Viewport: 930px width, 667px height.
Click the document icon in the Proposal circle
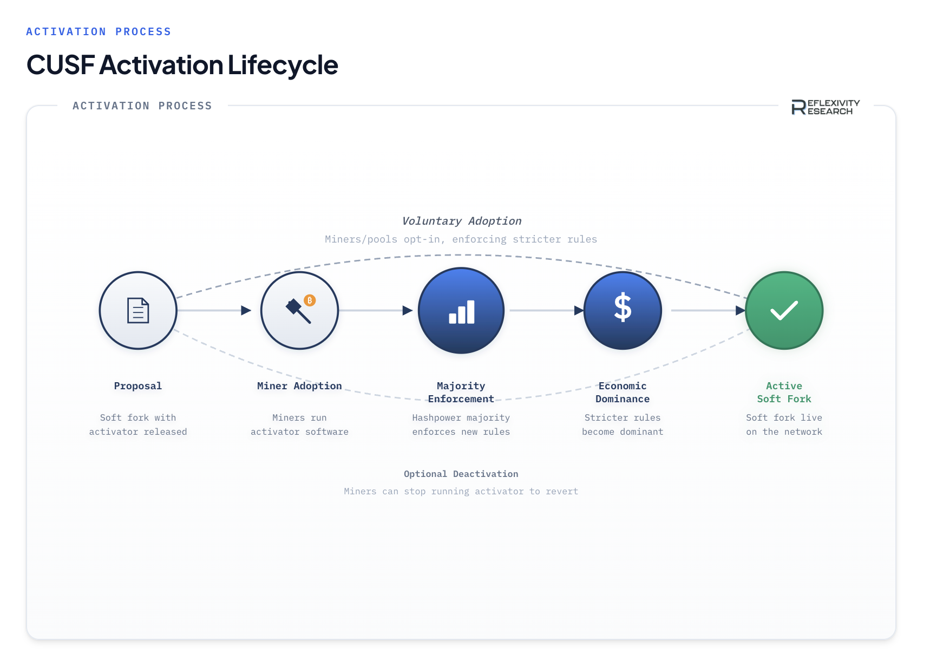(x=138, y=311)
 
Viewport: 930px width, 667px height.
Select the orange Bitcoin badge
(x=310, y=300)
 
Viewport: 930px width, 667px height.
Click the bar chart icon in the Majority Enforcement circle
(x=462, y=312)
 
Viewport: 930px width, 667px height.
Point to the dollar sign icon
(x=623, y=308)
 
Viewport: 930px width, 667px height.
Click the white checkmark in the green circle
(x=784, y=310)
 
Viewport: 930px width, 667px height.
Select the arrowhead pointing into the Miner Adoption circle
(x=246, y=310)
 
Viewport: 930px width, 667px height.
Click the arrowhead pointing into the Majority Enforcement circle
(x=408, y=310)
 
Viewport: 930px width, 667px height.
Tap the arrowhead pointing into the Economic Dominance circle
(x=579, y=310)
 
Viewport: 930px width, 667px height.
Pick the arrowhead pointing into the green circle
(x=741, y=310)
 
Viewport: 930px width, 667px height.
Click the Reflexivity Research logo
(x=826, y=107)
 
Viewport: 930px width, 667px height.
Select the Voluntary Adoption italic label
(x=462, y=221)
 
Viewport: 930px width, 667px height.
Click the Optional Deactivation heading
(x=461, y=474)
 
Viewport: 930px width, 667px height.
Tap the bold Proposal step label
(x=138, y=386)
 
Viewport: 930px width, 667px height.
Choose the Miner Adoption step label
(x=299, y=386)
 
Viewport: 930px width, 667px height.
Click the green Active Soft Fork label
(x=784, y=393)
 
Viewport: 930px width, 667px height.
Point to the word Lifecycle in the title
(x=283, y=65)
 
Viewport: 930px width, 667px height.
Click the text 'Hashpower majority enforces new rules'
(x=461, y=424)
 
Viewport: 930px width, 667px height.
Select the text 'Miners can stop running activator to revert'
(x=461, y=491)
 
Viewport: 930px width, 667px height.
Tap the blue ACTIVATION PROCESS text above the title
(x=99, y=32)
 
